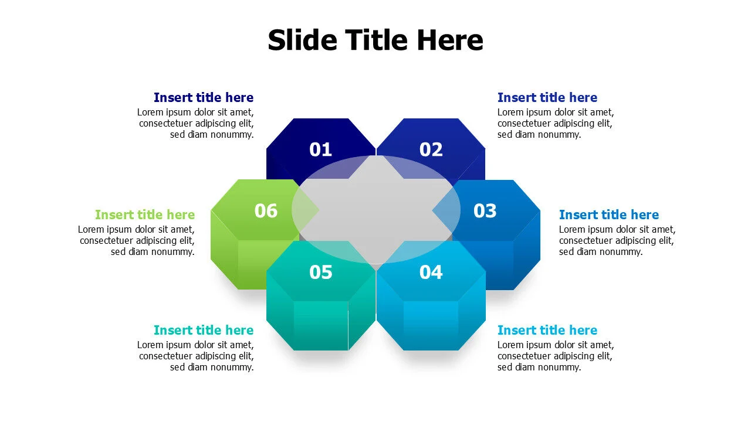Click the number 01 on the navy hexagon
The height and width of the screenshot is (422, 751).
pyautogui.click(x=320, y=150)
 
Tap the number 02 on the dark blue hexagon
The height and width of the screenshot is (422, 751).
pyautogui.click(x=431, y=150)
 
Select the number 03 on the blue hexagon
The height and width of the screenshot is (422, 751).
pyautogui.click(x=485, y=211)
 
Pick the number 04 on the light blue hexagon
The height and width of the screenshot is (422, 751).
pyautogui.click(x=431, y=272)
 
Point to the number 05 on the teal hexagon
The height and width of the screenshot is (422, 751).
pyautogui.click(x=320, y=272)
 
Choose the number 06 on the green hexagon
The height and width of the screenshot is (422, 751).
pyautogui.click(x=266, y=211)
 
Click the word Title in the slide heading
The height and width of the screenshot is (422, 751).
pyautogui.click(x=376, y=40)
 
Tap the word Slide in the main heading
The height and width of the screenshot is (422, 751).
pyautogui.click(x=302, y=40)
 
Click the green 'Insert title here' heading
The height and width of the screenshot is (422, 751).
pyautogui.click(x=145, y=215)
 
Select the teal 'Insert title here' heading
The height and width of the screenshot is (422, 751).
pyautogui.click(x=204, y=331)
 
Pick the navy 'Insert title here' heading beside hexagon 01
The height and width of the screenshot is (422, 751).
pyautogui.click(x=204, y=98)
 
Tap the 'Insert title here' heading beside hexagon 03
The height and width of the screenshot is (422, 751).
pyautogui.click(x=608, y=215)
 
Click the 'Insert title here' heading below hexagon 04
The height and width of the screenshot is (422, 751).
pyautogui.click(x=547, y=331)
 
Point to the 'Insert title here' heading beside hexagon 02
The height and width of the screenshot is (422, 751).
pyautogui.click(x=547, y=98)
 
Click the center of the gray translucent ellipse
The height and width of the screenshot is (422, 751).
pyautogui.click(x=375, y=209)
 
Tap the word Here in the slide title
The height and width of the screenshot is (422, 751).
pyautogui.click(x=450, y=40)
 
